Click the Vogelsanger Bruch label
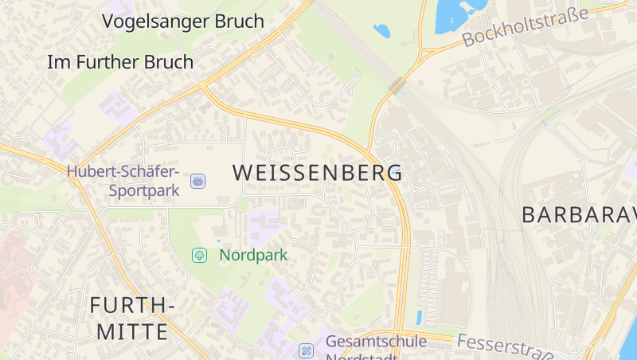point(182,22)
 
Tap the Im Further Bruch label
point(120,61)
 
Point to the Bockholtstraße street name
point(525,26)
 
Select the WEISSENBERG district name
point(318,172)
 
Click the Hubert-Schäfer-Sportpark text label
point(123,180)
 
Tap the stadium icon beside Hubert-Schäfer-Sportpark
point(197,182)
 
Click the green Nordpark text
point(253,256)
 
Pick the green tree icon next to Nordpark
point(199,256)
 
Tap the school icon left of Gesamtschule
point(306,350)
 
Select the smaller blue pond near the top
point(382,31)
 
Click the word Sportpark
point(144,191)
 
